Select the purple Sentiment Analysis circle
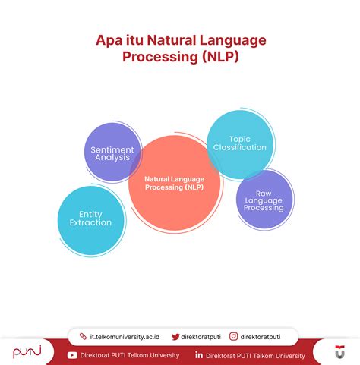point(112,153)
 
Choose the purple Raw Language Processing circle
point(264,199)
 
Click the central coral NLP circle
point(174,183)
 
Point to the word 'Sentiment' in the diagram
point(112,149)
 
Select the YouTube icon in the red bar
point(72,354)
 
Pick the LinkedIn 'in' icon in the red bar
point(198,354)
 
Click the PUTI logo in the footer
point(27,353)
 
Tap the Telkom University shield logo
point(339,353)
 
